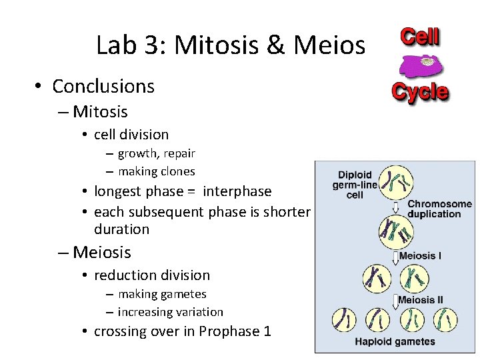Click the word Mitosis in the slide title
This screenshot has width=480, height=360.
(215, 45)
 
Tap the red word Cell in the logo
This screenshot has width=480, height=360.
(419, 37)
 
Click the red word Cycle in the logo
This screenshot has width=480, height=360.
(419, 91)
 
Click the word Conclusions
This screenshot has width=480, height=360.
(103, 86)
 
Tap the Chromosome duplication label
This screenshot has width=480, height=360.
(439, 209)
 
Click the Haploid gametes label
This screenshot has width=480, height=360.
(395, 342)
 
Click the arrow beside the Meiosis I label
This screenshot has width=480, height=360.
(395, 256)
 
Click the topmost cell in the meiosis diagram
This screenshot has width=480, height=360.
(396, 180)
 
